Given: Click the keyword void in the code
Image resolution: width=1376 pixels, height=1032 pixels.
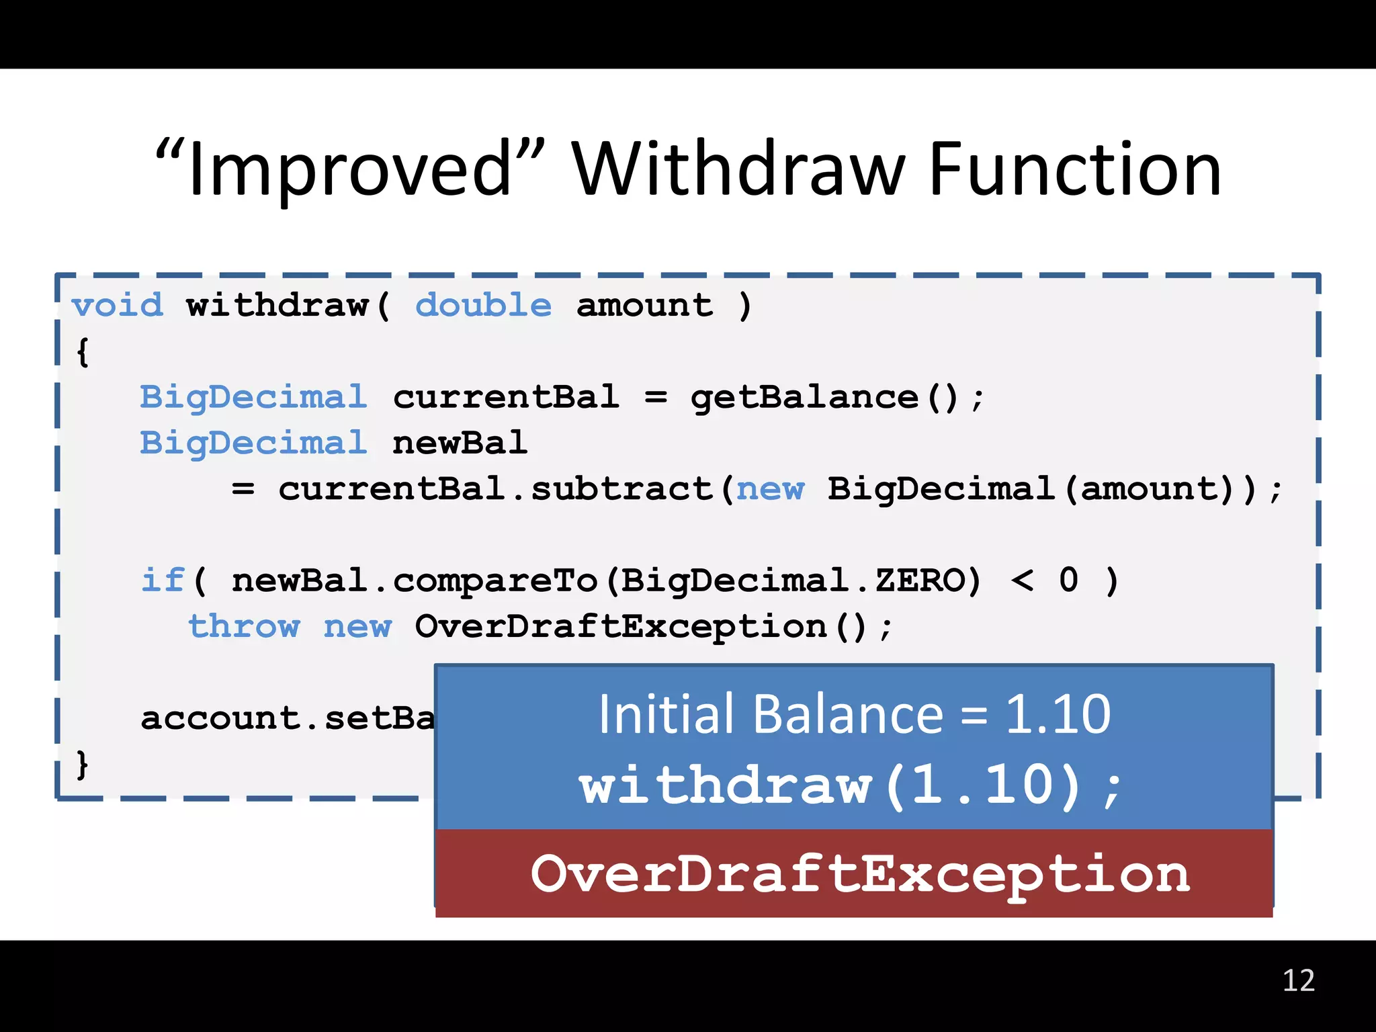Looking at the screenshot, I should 118,306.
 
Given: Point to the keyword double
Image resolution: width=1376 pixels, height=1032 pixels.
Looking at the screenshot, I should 483,306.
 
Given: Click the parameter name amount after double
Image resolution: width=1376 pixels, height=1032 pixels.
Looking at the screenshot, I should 644,306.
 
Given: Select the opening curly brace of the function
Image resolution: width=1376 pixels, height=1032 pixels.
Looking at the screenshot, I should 83,351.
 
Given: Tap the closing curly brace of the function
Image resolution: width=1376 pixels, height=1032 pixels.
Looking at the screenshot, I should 82,764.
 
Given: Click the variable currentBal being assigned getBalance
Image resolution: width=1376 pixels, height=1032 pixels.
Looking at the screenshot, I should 506,397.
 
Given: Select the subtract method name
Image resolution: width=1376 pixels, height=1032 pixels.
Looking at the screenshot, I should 621,489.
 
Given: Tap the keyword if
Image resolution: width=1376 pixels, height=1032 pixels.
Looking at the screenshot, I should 162,580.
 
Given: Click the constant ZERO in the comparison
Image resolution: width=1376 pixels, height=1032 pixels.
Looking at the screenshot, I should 920,580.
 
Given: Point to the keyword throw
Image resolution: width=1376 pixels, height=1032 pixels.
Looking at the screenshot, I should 244,627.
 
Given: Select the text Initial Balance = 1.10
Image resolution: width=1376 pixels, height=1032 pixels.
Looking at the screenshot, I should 854,714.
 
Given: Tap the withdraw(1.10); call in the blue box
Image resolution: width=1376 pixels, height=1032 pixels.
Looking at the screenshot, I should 851,785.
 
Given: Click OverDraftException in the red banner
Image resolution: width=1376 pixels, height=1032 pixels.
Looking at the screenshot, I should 860,874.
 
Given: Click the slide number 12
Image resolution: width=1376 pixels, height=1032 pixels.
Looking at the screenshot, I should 1298,981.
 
